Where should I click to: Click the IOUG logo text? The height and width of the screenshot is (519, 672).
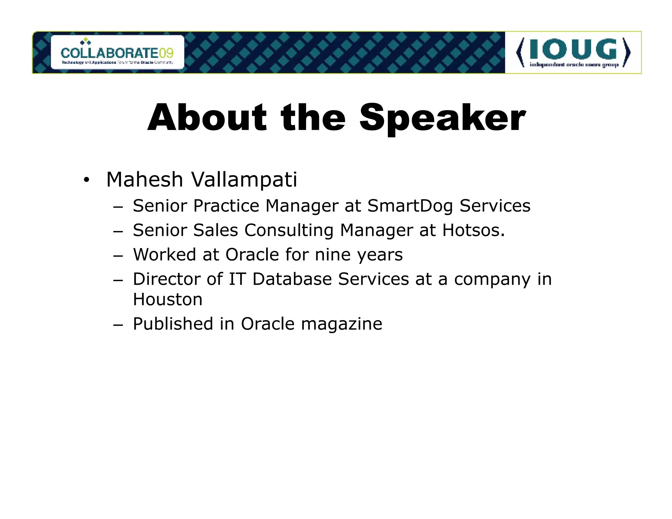[573, 50]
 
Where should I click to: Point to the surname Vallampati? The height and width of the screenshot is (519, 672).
[244, 180]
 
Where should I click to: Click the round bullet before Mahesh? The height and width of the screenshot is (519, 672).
[86, 180]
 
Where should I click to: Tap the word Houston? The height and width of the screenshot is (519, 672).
[168, 299]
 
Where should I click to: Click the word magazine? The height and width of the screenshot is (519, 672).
[341, 324]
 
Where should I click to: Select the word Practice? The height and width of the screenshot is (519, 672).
[226, 206]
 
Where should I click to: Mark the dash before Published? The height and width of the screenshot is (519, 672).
[117, 325]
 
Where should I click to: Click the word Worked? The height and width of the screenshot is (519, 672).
[164, 255]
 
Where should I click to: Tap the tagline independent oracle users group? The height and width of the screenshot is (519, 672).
[574, 65]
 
